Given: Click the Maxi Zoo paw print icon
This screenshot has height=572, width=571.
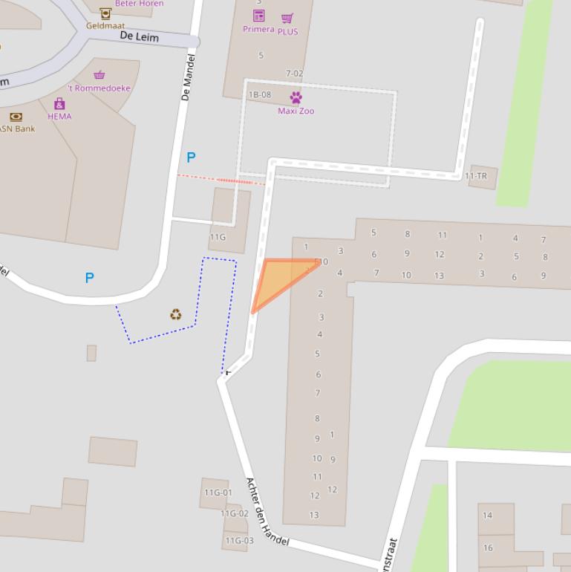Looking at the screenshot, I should tap(296, 97).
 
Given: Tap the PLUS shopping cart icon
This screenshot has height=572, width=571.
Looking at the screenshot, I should tap(287, 19).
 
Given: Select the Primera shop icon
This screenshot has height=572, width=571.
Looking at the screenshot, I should tap(258, 16).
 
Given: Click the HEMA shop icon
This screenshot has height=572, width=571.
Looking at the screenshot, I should tap(59, 104).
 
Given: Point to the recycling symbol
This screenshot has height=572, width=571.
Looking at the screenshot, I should tap(176, 315).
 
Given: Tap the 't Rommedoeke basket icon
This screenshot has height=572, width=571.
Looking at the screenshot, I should tap(99, 75).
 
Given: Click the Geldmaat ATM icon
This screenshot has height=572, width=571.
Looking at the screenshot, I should tap(105, 13).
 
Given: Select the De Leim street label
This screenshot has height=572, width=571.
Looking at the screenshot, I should tap(139, 36).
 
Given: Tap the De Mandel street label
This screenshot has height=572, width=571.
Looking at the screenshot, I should tap(188, 77).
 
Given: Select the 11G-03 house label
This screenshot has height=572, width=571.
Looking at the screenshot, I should tap(239, 540).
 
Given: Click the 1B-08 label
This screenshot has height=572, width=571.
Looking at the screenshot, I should tap(259, 94).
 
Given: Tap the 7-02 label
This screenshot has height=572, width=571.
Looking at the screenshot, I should tap(294, 74).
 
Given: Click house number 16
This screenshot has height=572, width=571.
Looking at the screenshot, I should tap(488, 547).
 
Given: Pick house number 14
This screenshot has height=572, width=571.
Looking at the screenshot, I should tap(487, 515).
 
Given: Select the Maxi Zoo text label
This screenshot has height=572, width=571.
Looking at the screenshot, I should tap(296, 111).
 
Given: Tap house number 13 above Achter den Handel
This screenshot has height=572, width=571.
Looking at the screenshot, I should tap(314, 514).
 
